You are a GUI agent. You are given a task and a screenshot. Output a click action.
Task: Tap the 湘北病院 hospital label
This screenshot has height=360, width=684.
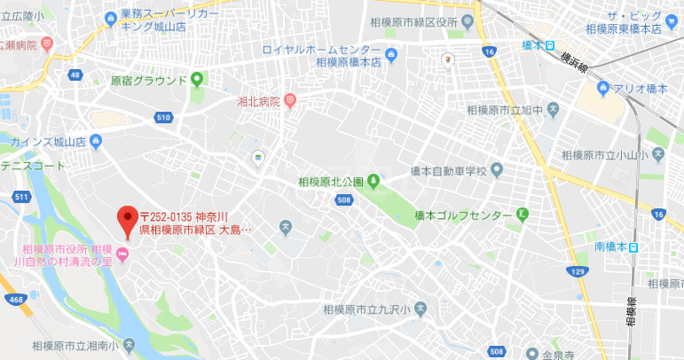click(x=258, y=102)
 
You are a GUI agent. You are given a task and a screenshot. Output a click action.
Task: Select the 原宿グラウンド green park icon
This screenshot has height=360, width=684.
click(x=196, y=80)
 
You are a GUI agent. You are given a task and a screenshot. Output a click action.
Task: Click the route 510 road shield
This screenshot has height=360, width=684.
click(x=162, y=117)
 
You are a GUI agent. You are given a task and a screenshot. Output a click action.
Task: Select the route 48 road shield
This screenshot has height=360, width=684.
click(x=76, y=74)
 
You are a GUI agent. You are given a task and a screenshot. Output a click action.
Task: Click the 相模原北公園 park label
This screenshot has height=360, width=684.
click(x=330, y=183)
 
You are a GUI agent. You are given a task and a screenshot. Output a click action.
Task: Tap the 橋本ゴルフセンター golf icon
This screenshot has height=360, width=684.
click(x=523, y=215)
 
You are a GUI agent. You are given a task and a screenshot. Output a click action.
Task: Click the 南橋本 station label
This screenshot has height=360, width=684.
click(x=610, y=247)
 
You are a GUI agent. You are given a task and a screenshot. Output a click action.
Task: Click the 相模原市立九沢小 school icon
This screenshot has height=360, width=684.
click(x=421, y=309)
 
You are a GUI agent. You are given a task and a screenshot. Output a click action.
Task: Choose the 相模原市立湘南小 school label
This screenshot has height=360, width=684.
click(x=75, y=345)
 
